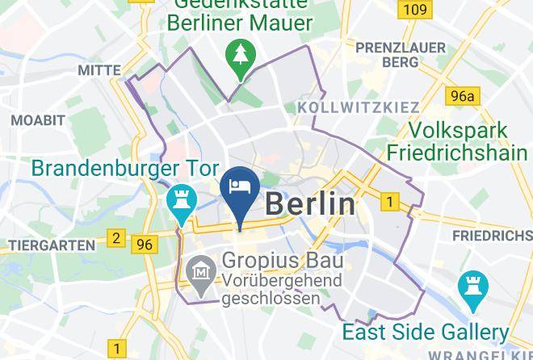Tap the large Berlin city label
pyautogui.click(x=309, y=204)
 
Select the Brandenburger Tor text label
pyautogui.click(x=125, y=170)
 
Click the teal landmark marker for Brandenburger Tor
pyautogui.click(x=178, y=202)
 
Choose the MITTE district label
pyautogui.click(x=99, y=71)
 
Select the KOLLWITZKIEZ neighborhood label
pyautogui.click(x=359, y=107)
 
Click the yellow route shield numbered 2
pyautogui.click(x=116, y=238)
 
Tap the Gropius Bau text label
pyautogui.click(x=282, y=262)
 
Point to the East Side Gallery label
pyautogui.click(x=425, y=331)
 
